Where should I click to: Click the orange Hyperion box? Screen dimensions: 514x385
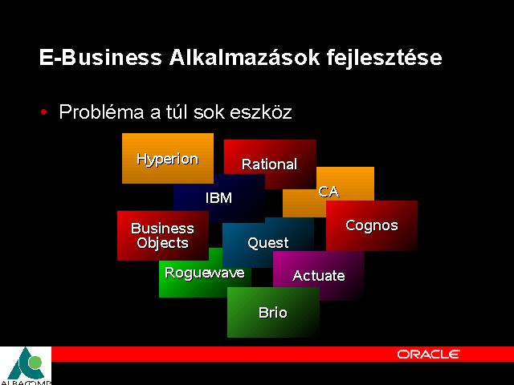(x=168, y=158)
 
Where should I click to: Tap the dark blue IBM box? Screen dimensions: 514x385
(x=219, y=198)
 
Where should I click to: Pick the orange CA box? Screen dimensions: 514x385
(x=328, y=192)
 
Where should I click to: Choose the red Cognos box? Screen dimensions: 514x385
(x=372, y=225)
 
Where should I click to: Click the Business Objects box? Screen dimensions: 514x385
(x=163, y=236)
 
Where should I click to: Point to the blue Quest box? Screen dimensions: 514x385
(x=267, y=242)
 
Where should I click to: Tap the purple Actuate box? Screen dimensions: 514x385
(x=319, y=276)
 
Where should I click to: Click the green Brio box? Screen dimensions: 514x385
(x=273, y=312)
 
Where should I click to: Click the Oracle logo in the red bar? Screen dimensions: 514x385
(x=428, y=355)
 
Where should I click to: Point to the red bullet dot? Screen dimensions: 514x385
(x=44, y=112)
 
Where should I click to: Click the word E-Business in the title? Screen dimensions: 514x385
(x=100, y=57)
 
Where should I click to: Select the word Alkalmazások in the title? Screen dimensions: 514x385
(x=244, y=57)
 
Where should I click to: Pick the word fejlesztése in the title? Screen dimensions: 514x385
(x=384, y=58)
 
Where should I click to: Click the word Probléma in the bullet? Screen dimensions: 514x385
(x=102, y=112)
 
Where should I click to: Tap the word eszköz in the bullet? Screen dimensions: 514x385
(x=260, y=112)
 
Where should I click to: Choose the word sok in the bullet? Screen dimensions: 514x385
(x=209, y=112)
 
